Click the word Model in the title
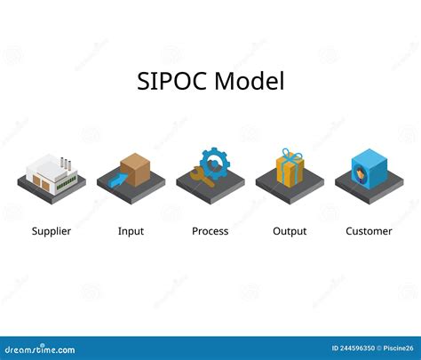click(x=250, y=82)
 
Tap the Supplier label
click(x=52, y=231)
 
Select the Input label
click(x=131, y=231)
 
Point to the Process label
click(x=210, y=231)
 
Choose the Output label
click(x=290, y=231)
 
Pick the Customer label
click(x=369, y=231)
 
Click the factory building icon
click(x=49, y=171)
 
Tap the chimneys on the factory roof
click(x=65, y=163)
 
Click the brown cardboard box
click(x=135, y=168)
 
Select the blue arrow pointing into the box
click(x=115, y=180)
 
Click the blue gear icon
click(x=214, y=164)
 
